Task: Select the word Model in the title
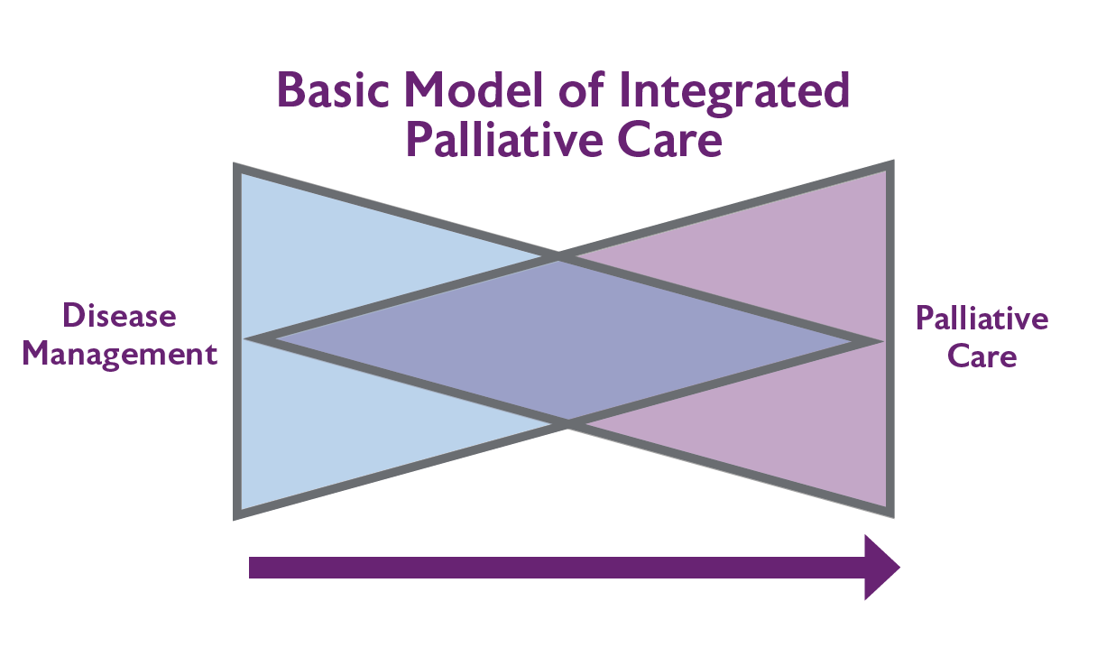pyautogui.click(x=468, y=90)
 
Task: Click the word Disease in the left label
pyautogui.click(x=119, y=316)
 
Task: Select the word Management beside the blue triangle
pyautogui.click(x=120, y=353)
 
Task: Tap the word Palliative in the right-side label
pyautogui.click(x=982, y=319)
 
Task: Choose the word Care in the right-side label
pyautogui.click(x=982, y=356)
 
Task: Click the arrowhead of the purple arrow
pyautogui.click(x=881, y=567)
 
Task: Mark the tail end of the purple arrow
pyautogui.click(x=253, y=567)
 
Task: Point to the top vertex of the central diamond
pyautogui.click(x=558, y=258)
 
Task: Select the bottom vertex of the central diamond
pyautogui.click(x=567, y=421)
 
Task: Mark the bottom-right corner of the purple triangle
pyautogui.click(x=890, y=514)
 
